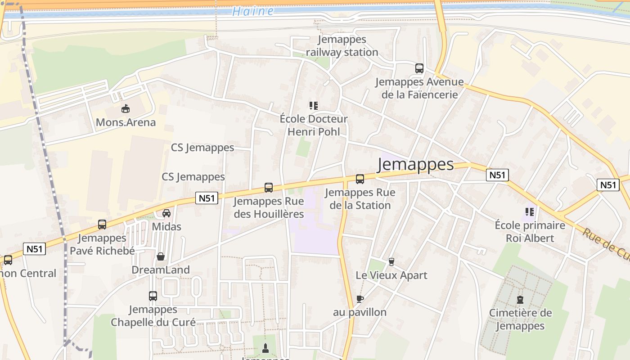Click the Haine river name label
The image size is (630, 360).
coord(253,11)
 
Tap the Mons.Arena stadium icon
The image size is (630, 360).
coord(126,108)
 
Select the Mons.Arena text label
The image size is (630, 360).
coord(126,122)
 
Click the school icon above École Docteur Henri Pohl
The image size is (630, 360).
coord(314,106)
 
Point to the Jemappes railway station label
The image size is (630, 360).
coord(342,46)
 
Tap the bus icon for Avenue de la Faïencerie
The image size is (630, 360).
coord(419,68)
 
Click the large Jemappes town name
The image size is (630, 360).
coord(416,165)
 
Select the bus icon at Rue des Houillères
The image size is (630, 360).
coord(269,188)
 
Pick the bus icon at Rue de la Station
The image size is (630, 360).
coord(360,179)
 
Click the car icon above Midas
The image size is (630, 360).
coord(166,213)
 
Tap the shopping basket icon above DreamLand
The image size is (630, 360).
coord(161,256)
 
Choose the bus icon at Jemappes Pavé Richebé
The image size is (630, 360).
coord(102,225)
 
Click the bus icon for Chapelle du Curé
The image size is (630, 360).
coord(153,296)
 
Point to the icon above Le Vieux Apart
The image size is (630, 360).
coord(391,261)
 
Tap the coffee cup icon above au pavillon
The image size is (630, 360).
coord(360,299)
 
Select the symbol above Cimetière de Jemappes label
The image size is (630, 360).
coord(520,299)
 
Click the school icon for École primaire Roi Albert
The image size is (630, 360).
coord(530,211)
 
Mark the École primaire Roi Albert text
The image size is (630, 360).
coord(530,231)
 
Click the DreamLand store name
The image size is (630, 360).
coord(161,270)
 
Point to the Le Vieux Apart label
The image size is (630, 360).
coord(391,275)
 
